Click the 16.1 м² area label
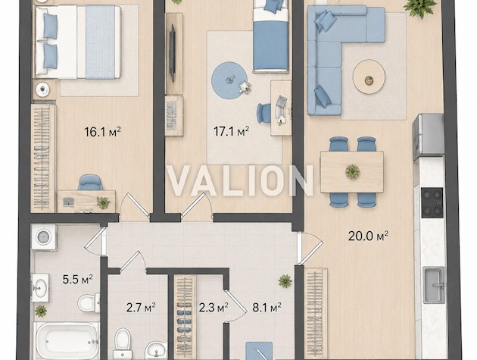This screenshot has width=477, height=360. pos(102,132)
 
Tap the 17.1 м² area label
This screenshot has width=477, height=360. pos(231,132)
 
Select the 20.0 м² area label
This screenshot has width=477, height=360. pos(368,236)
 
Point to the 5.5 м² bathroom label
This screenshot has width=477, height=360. pos(77,280)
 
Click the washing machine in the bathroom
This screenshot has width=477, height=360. pos(44,237)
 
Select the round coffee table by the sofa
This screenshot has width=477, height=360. pos(369,77)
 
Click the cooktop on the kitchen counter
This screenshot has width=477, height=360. pos(432,203)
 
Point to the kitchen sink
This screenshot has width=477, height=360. pos(434,285)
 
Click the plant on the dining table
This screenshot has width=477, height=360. pos(353,171)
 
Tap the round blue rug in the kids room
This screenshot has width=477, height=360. pos(229,80)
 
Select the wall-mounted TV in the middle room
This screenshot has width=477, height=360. pos(172,53)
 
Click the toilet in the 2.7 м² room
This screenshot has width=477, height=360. pos(123,344)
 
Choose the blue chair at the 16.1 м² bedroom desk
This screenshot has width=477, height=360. pos(90,183)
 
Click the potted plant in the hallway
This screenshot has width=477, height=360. pos(285,281)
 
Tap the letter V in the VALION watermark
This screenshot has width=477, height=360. pos(181,180)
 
